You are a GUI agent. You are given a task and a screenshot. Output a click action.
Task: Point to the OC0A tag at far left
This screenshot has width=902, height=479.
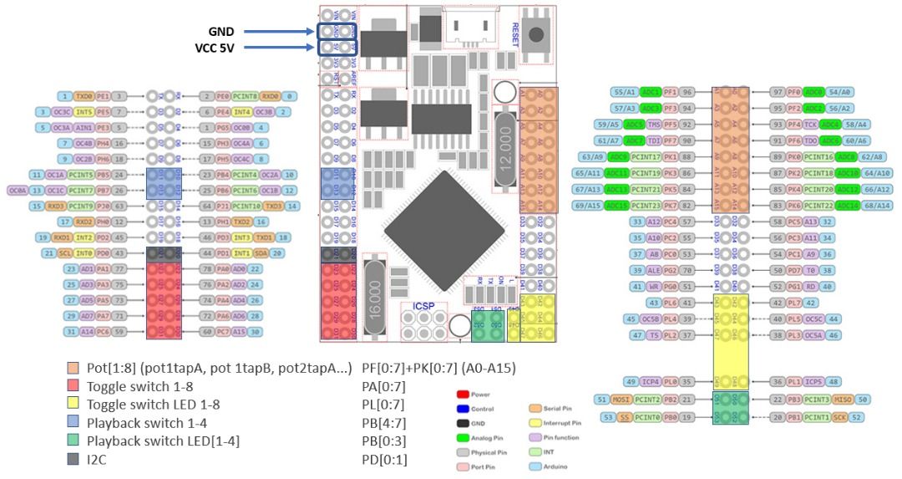16,191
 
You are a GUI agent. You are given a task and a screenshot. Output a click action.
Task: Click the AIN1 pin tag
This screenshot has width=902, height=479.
84,128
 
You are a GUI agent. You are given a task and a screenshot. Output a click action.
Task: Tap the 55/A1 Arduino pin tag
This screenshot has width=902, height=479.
625,92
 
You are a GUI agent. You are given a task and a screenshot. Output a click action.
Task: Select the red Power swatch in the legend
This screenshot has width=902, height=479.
462,393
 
